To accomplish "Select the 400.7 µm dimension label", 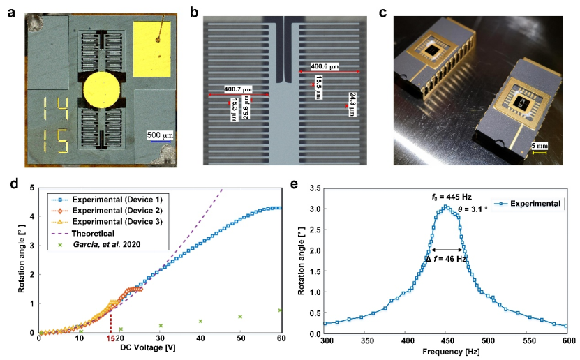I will coord(239,89).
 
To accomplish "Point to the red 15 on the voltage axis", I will coord(110,338).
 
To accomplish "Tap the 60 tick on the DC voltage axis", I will coord(281,338).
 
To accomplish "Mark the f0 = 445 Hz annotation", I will coord(443,197).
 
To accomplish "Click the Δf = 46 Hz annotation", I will coord(447,259).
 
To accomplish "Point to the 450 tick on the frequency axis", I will coord(447,341).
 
